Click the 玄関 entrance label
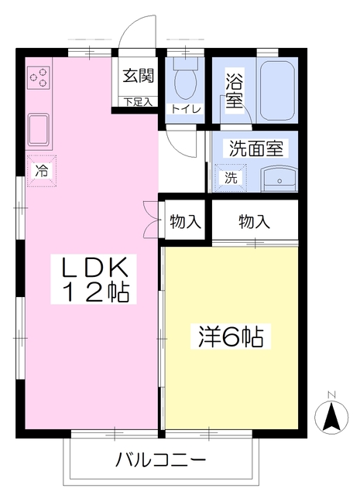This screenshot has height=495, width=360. pyautogui.click(x=138, y=76)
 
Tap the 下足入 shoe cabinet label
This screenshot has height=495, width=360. pyautogui.click(x=138, y=102)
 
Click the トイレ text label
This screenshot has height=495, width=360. pyautogui.click(x=186, y=110)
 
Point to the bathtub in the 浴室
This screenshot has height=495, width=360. pyautogui.click(x=277, y=90)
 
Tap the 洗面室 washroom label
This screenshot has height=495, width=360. pyautogui.click(x=256, y=148)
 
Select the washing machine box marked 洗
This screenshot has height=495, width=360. pyautogui.click(x=231, y=178)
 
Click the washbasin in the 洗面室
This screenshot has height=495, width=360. pyautogui.click(x=279, y=179)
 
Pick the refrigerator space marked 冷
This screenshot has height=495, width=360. pyautogui.click(x=42, y=171)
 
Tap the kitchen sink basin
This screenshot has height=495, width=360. pyautogui.click(x=39, y=129)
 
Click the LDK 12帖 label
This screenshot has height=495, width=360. pyautogui.click(x=94, y=279)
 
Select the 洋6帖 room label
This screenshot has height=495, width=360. pyautogui.click(x=231, y=336)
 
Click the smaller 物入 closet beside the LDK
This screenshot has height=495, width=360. pyautogui.click(x=186, y=221)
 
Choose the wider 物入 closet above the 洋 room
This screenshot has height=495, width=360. pyautogui.click(x=255, y=221)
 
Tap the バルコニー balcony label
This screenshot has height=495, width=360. pyautogui.click(x=161, y=460)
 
